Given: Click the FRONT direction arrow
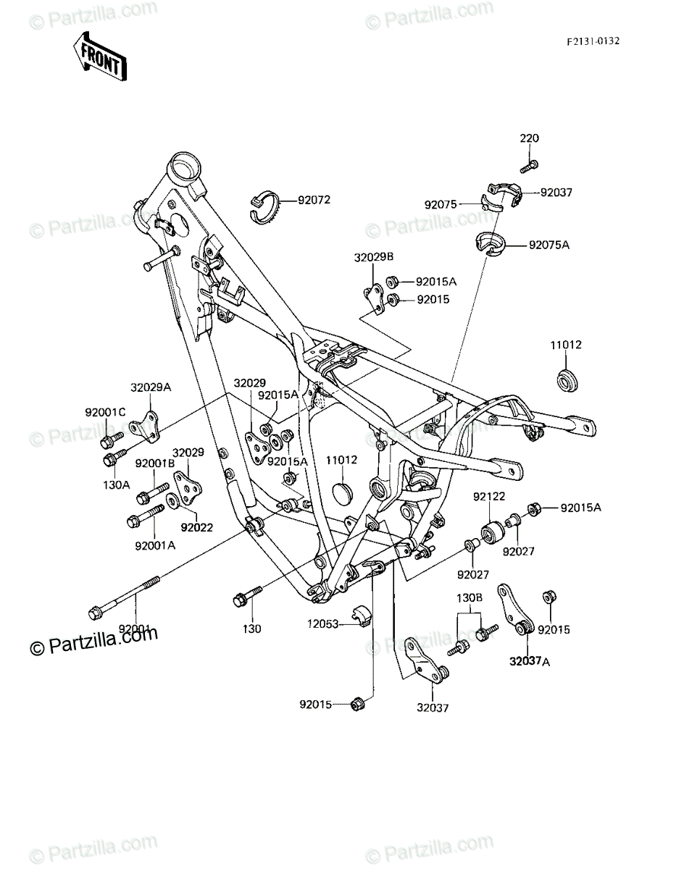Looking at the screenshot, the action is tap(100, 56).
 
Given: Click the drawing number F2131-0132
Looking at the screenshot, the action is tap(593, 41).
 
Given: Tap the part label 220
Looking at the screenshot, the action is tap(529, 138).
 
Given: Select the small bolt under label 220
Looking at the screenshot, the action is tap(529, 167).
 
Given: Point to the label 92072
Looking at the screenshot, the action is tap(314, 200).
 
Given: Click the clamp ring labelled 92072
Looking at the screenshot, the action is tap(263, 207).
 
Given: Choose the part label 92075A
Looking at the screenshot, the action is tap(549, 245).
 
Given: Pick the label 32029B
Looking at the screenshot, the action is tap(374, 257).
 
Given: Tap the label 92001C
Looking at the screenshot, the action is tap(105, 412).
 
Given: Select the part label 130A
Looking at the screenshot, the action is tap(117, 485).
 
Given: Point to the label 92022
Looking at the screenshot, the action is tap(197, 527).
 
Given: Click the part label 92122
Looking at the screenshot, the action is tap(489, 496).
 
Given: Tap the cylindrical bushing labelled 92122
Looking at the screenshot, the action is tap(492, 533).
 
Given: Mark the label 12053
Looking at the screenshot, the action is tap(322, 624).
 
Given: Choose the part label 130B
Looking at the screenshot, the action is tap(469, 597).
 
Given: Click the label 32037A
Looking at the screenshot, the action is tap(530, 661).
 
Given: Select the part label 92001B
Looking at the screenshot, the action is tap(155, 463).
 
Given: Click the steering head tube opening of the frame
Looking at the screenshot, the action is tap(184, 166).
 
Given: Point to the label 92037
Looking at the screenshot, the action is tap(556, 193).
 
